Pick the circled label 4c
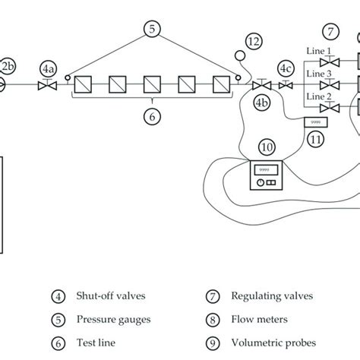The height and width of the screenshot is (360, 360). pyautogui.click(x=286, y=68)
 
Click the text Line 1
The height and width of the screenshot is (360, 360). pyautogui.click(x=316, y=50)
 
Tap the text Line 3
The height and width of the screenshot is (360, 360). pyautogui.click(x=316, y=74)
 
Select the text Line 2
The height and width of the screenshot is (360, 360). pyautogui.click(x=316, y=97)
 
